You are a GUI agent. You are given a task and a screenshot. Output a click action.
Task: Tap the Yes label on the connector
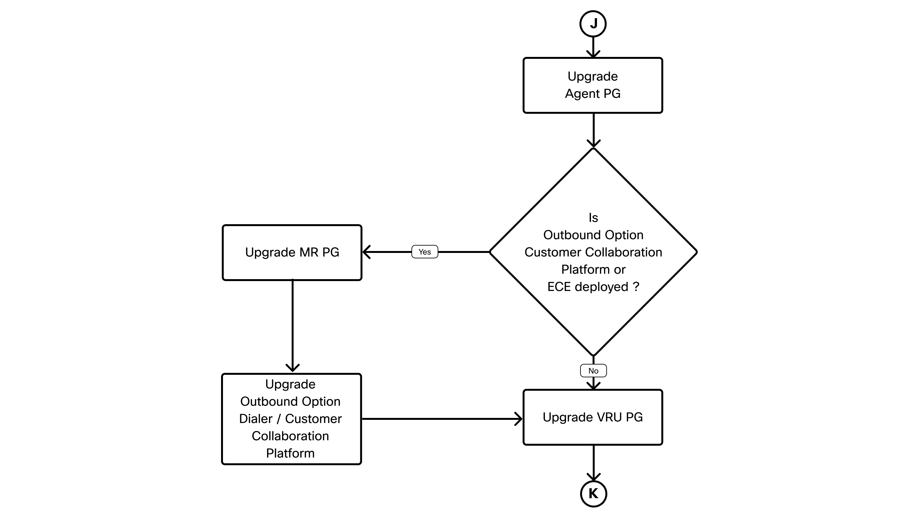(x=425, y=252)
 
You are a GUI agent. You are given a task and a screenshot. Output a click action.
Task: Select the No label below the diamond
(x=593, y=371)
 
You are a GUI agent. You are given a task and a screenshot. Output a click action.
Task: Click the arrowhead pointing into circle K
(x=593, y=476)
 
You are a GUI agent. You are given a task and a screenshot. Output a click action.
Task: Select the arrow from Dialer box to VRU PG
(x=442, y=419)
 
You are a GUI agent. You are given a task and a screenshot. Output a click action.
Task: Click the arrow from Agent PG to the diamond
(x=593, y=130)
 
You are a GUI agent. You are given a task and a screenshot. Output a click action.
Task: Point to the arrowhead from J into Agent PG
(x=593, y=54)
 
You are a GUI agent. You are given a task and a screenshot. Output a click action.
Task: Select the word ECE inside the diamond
(x=559, y=287)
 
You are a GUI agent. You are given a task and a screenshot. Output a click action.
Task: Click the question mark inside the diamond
(x=636, y=287)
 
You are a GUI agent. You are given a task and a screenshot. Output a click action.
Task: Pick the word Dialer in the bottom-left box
(x=256, y=419)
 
